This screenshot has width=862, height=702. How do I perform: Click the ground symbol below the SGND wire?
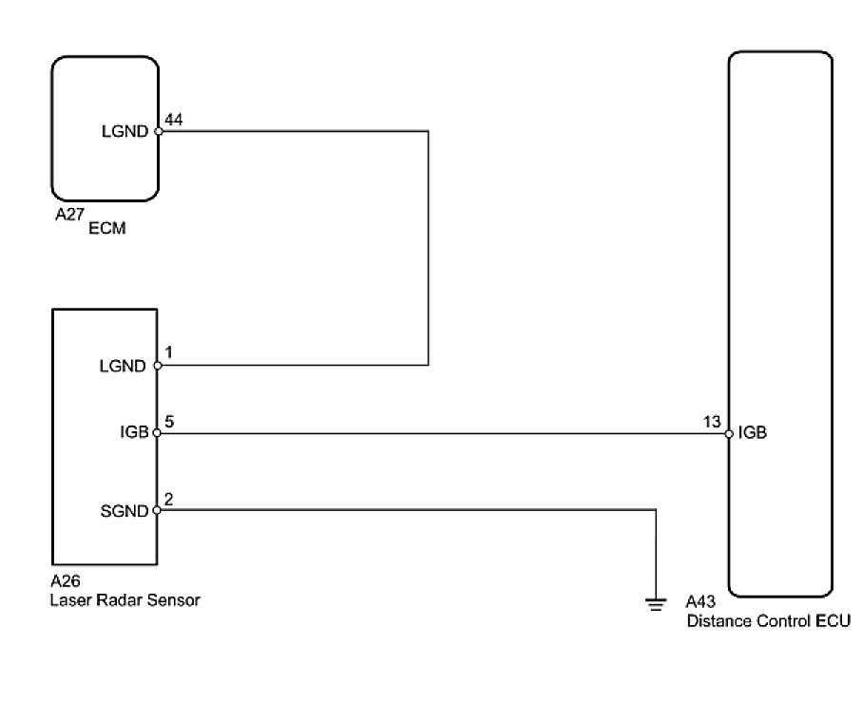click(656, 601)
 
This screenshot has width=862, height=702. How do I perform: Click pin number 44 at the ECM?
click(174, 120)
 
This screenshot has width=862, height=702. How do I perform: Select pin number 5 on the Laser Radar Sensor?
click(169, 421)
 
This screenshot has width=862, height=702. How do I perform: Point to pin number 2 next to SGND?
click(169, 497)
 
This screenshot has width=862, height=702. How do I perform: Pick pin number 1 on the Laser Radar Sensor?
click(169, 352)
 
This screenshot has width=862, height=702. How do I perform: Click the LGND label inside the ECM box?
click(124, 132)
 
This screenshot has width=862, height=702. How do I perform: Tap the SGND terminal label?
click(124, 511)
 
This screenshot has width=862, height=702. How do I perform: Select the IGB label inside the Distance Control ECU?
click(753, 433)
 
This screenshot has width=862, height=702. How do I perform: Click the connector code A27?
click(69, 215)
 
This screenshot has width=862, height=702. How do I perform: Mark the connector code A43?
click(703, 601)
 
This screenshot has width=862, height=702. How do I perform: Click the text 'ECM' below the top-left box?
click(107, 228)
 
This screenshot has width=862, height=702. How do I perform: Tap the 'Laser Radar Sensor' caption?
click(125, 600)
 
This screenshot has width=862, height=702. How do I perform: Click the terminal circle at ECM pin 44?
click(158, 132)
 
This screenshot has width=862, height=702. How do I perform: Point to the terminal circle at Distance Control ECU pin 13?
click(728, 433)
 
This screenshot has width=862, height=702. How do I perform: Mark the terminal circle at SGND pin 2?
click(158, 510)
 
